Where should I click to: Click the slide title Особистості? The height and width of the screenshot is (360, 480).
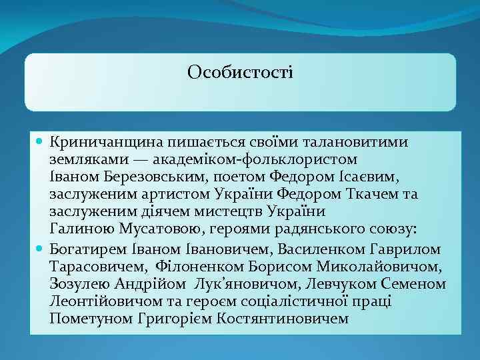click(x=240, y=71)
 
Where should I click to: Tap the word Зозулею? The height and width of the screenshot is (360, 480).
click(x=76, y=283)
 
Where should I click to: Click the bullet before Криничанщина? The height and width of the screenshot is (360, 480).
click(x=40, y=143)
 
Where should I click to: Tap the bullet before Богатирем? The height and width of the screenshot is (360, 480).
click(x=40, y=248)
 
